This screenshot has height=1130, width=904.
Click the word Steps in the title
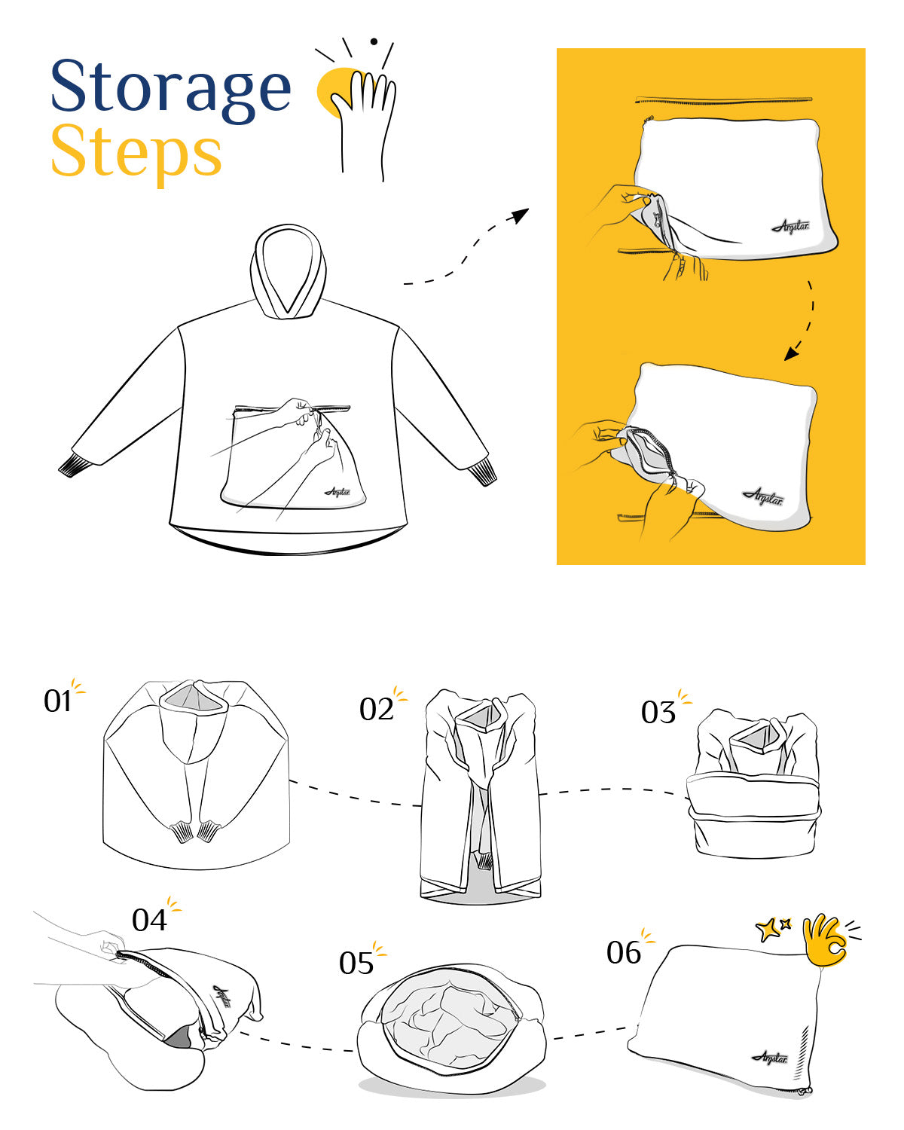(x=136, y=152)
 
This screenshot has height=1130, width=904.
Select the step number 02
(x=376, y=710)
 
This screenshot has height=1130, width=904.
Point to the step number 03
(x=658, y=713)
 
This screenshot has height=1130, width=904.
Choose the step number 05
(x=356, y=963)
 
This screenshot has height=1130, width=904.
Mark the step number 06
(x=624, y=952)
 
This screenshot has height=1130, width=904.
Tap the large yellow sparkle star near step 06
(x=767, y=930)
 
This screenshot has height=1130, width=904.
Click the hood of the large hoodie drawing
(x=288, y=271)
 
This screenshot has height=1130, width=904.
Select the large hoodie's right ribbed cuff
(x=482, y=472)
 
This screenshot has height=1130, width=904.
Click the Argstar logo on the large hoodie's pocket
(x=337, y=492)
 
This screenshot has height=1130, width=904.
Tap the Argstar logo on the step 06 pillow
(x=769, y=1058)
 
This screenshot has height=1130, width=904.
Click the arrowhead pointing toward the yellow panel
(x=521, y=215)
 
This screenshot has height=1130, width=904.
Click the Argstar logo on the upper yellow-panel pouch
(x=790, y=226)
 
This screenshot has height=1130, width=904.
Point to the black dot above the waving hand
(x=374, y=41)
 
